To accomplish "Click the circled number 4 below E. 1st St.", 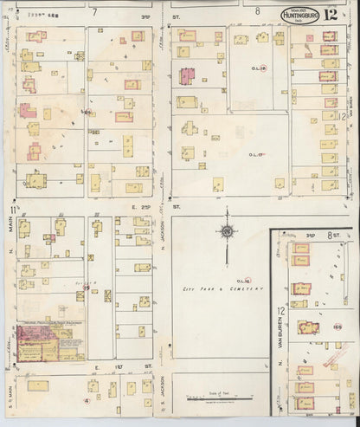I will (87, 402).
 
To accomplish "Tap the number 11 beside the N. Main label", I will (12, 209).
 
